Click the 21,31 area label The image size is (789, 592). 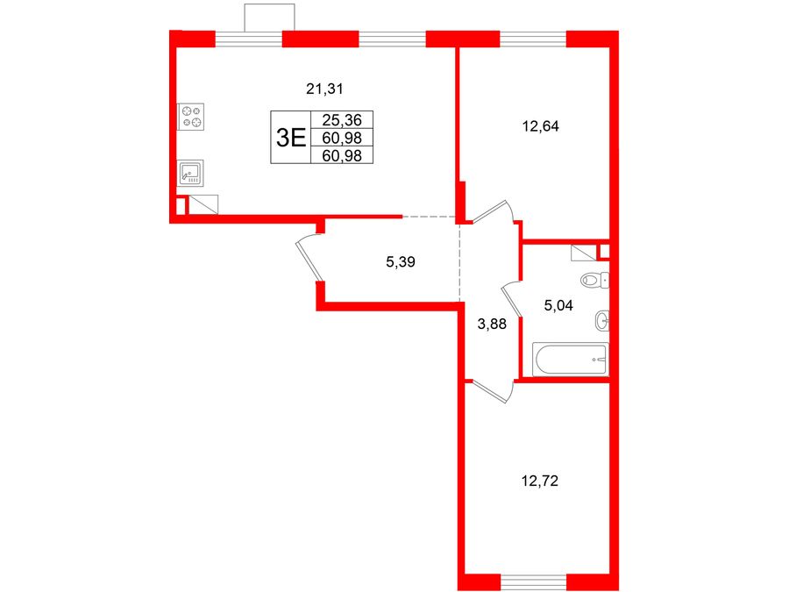324,89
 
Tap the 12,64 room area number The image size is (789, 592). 540,126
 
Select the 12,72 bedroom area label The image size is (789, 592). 540,481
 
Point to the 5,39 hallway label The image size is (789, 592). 400,261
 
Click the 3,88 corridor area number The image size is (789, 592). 492,325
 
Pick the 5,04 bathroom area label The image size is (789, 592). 558,305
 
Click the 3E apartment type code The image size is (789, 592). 291,138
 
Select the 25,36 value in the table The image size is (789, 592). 342,120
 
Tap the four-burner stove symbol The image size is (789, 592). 191,117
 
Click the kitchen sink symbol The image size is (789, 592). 191,173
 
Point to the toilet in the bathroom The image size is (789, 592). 594,280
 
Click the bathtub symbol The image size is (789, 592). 571,360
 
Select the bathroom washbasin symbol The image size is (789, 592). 601,320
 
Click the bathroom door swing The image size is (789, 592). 512,301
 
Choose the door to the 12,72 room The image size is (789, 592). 491,391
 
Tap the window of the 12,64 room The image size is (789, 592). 533,39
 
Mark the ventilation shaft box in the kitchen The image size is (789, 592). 203,204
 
